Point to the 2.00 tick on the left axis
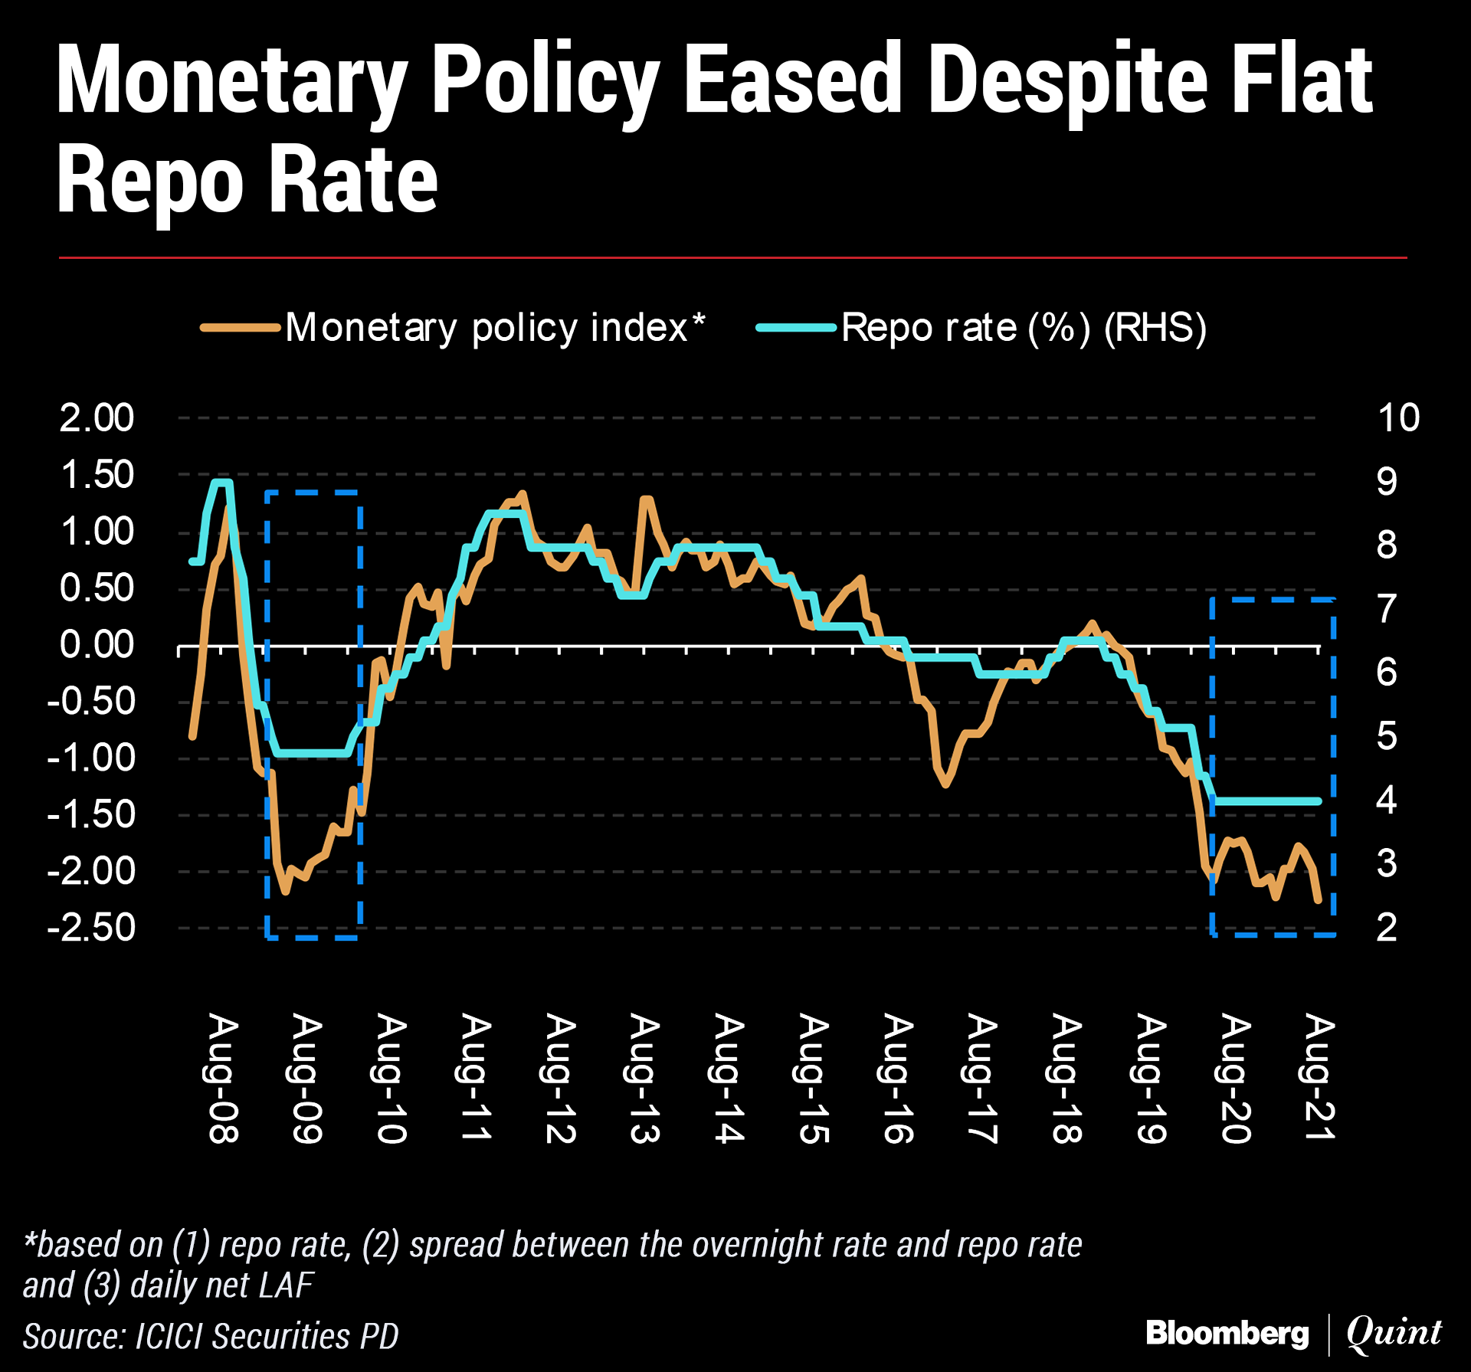tap(97, 418)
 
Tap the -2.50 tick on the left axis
tap(91, 928)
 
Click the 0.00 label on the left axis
tap(97, 645)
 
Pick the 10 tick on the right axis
tap(1398, 418)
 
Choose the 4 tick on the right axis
tap(1387, 801)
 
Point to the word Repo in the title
tap(150, 181)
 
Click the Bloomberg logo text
tap(1227, 1334)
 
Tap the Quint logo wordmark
tap(1394, 1334)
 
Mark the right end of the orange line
tap(1319, 900)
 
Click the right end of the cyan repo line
tap(1319, 801)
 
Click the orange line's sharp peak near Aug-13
tap(646, 499)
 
